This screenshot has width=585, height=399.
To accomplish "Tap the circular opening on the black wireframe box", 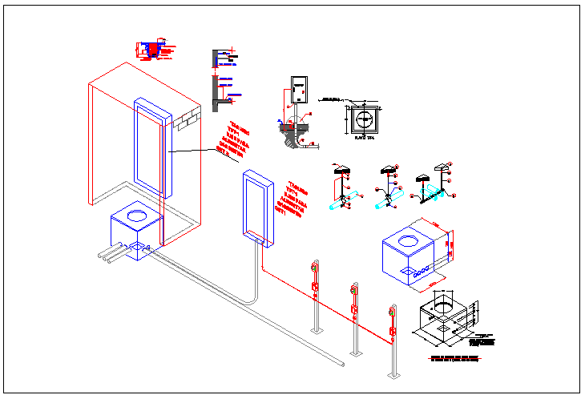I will [442, 304].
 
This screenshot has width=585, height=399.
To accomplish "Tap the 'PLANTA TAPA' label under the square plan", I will [365, 138].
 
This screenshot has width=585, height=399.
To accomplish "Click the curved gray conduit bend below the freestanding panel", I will [253, 296].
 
